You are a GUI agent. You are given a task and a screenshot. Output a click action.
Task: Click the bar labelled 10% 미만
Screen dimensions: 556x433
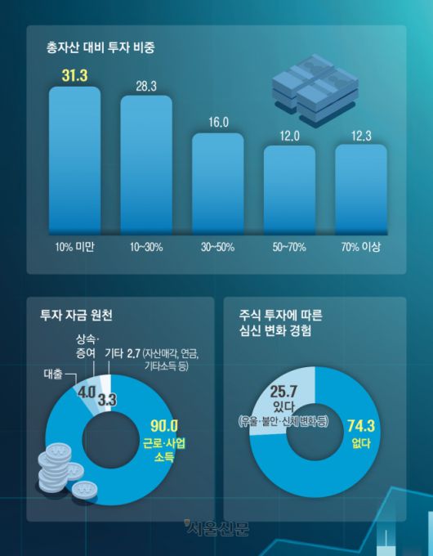pyautogui.click(x=74, y=159)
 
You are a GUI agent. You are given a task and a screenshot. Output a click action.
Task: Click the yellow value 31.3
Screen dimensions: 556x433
pyautogui.click(x=74, y=76)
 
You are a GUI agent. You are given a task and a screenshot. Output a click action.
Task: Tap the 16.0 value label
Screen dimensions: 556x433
pyautogui.click(x=217, y=123)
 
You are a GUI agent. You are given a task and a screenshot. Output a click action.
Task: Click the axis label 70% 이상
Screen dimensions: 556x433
pyautogui.click(x=360, y=245)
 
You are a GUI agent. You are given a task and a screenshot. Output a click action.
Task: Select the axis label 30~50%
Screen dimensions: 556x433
pyautogui.click(x=217, y=245)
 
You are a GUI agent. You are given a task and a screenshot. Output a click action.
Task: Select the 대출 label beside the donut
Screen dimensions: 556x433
pyautogui.click(x=53, y=377)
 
